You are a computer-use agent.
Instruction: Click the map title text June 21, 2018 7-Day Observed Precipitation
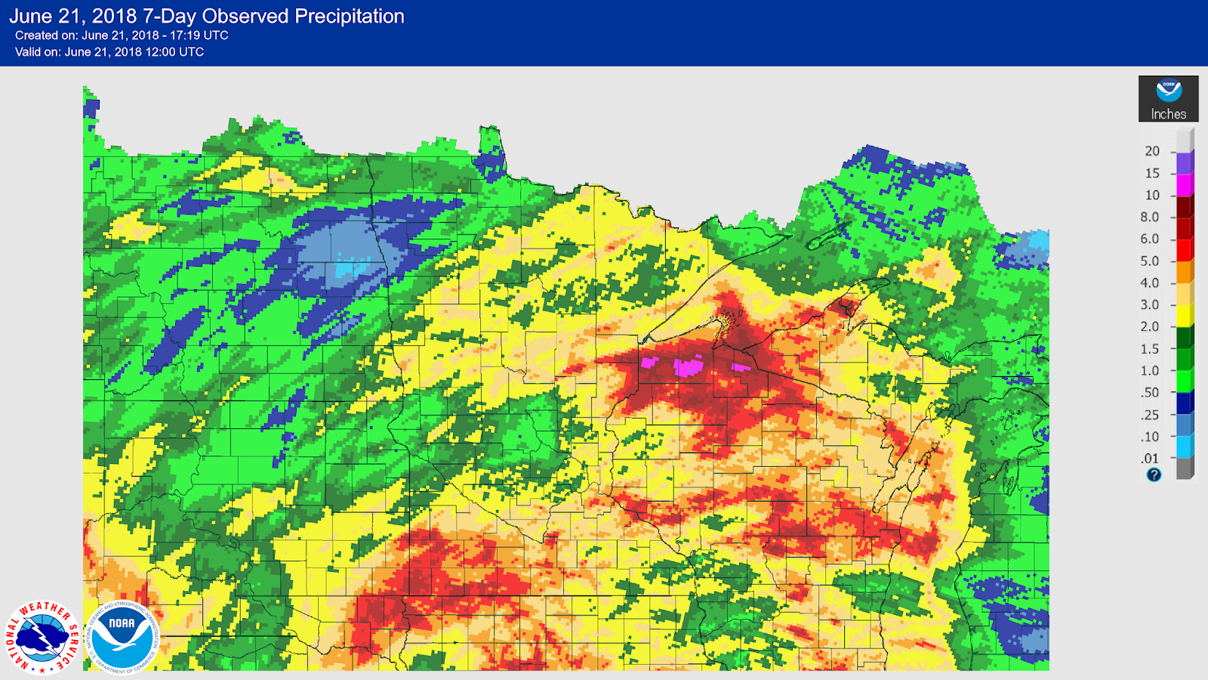click(x=206, y=17)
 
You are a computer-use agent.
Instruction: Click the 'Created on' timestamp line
click(x=122, y=36)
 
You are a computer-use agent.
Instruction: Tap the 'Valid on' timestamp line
click(x=109, y=52)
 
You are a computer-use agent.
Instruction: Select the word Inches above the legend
click(x=1168, y=114)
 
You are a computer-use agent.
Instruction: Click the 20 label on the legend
click(x=1151, y=151)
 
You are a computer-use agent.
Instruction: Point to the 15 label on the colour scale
click(x=1151, y=173)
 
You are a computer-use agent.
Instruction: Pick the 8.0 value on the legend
click(x=1149, y=217)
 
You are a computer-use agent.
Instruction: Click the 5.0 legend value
click(x=1149, y=261)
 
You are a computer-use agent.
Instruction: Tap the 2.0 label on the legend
click(x=1149, y=326)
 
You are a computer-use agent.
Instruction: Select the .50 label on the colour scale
click(x=1149, y=392)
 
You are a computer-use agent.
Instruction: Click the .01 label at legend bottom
click(x=1149, y=459)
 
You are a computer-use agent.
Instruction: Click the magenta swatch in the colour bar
click(x=1184, y=185)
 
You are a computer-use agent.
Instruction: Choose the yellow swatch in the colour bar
click(x=1184, y=316)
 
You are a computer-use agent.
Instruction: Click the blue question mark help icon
click(x=1154, y=474)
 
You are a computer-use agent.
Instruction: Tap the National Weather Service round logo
click(x=42, y=637)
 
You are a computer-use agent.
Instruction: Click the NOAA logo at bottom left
click(x=122, y=637)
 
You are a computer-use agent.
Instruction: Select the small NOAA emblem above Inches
click(x=1169, y=91)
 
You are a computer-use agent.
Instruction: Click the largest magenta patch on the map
click(x=688, y=368)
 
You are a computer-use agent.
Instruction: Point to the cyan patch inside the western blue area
click(x=353, y=267)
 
